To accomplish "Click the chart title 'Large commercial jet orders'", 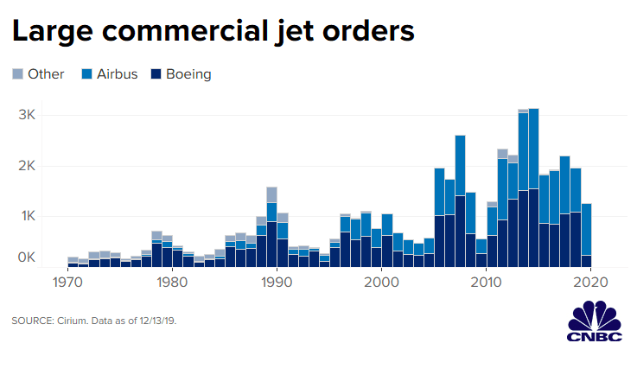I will [213, 32].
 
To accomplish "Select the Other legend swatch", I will [17, 74].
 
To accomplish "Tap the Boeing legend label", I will [188, 74].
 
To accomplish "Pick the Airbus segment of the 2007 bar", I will [460, 165].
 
